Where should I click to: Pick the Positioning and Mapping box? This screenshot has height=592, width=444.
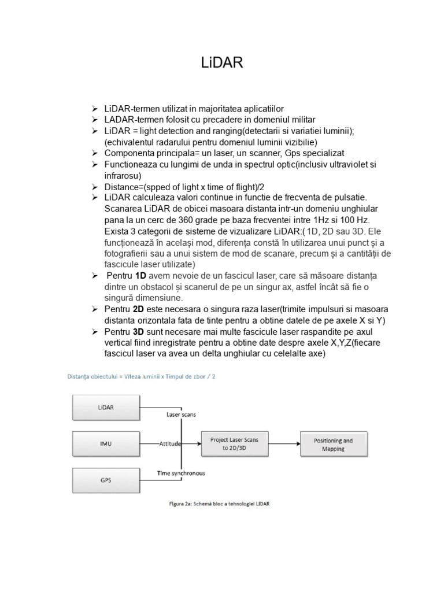pos(333,444)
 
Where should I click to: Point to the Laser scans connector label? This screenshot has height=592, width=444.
pos(182,415)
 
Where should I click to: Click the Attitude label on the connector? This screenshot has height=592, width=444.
pos(170,444)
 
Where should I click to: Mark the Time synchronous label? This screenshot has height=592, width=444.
pos(180,473)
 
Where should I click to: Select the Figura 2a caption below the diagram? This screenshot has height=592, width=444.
pos(216,504)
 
